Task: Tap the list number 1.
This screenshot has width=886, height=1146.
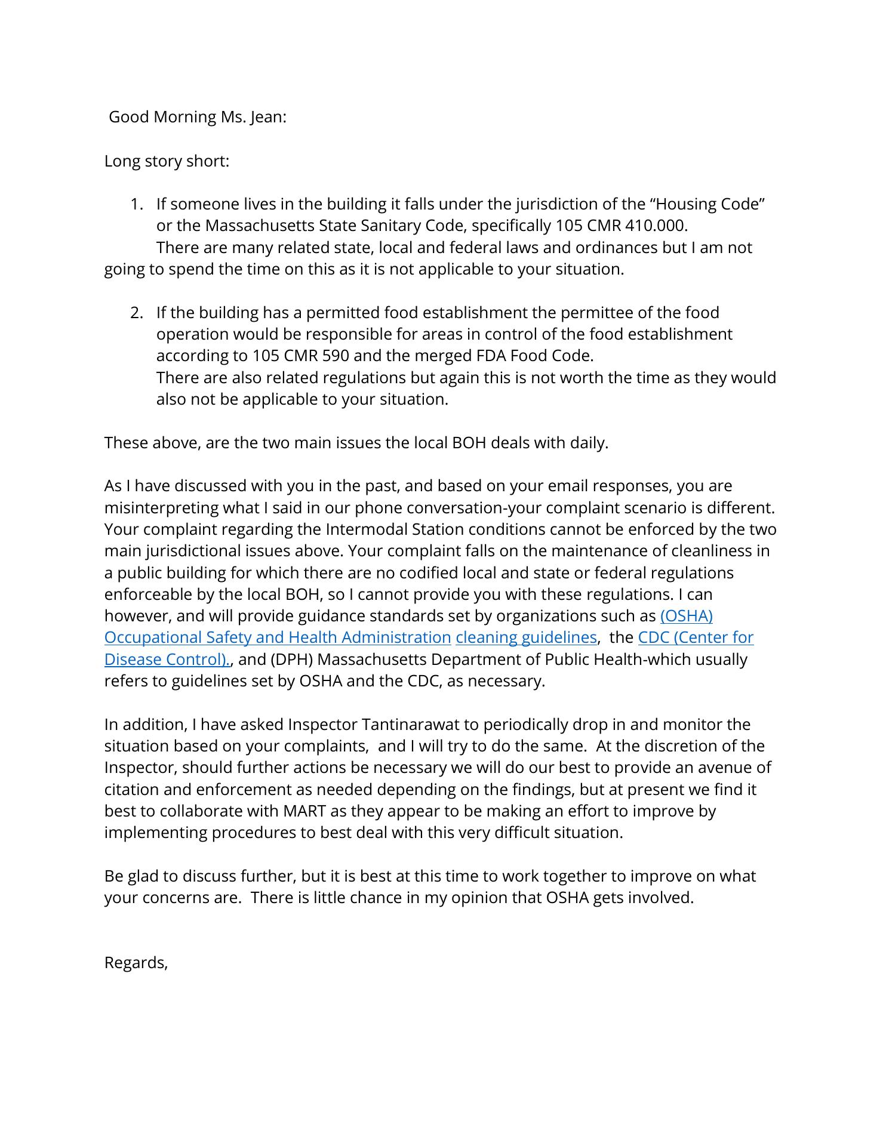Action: coord(137,204)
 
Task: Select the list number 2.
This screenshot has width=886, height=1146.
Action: coord(137,313)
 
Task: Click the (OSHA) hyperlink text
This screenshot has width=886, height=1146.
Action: coord(687,616)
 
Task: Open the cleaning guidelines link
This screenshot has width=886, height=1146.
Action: coord(526,637)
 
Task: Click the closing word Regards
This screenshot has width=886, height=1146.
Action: coord(136,963)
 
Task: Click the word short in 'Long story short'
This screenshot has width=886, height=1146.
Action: coord(208,161)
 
